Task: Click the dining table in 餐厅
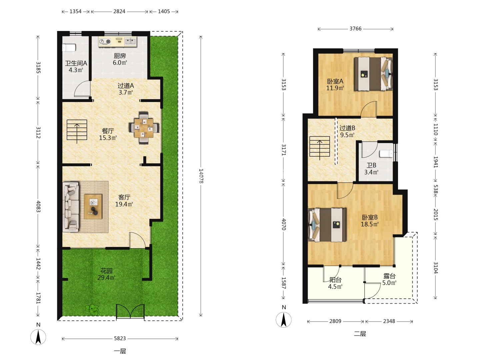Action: click(144, 128)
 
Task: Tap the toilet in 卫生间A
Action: click(69, 48)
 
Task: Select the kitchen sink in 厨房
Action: click(130, 41)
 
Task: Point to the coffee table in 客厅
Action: click(93, 206)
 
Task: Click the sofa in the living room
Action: click(71, 207)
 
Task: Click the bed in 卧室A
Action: click(373, 74)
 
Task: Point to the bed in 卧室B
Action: click(327, 225)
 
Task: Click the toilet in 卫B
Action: click(386, 154)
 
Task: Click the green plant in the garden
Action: click(92, 310)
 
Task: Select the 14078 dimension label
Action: click(201, 176)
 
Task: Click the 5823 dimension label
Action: click(120, 339)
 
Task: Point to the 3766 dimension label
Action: click(355, 29)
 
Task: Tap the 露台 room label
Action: click(389, 276)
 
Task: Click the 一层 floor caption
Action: click(120, 351)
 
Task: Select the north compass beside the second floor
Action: click(284, 320)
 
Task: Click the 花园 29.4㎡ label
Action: click(106, 274)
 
